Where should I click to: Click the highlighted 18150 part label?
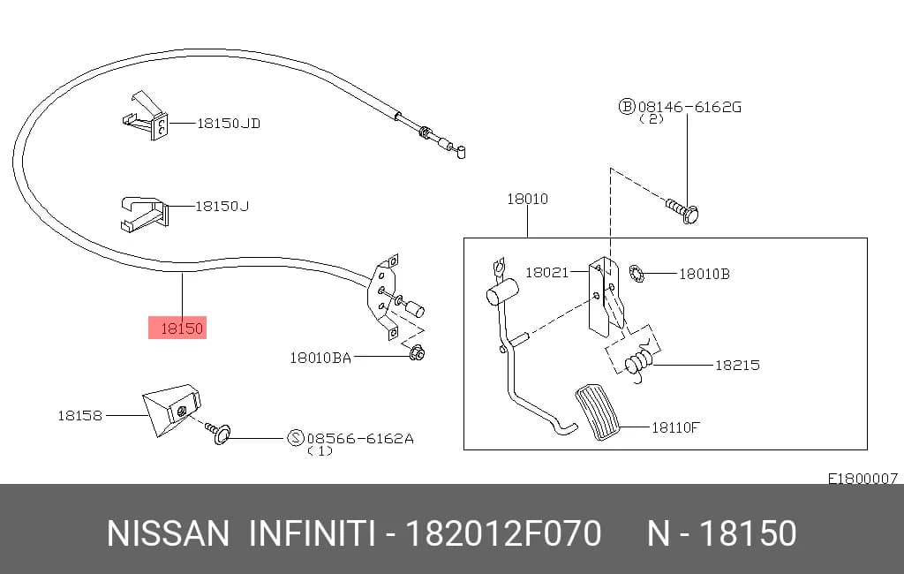coord(182,329)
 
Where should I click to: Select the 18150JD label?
coord(229,123)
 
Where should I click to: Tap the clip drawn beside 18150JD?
coord(147,116)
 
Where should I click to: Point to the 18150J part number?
coord(222,206)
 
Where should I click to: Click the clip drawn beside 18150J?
coord(144,214)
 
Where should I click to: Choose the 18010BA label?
coord(320,358)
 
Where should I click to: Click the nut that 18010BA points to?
coord(417,351)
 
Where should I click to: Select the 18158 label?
coord(79,415)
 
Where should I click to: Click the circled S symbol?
coord(295,438)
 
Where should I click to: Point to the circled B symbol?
coord(627,106)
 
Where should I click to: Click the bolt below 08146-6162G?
coord(683,210)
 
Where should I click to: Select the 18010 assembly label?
coord(528,199)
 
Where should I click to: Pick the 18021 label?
coord(547,272)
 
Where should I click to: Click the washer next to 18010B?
coord(637,274)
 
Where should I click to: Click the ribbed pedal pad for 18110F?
coord(598,412)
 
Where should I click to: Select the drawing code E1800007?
coord(863,479)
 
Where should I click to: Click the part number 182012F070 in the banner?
coord(503,533)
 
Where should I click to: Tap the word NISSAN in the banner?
coord(168,533)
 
